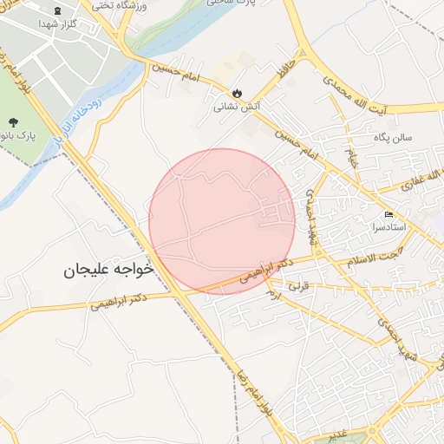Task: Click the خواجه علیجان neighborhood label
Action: [x=108, y=270]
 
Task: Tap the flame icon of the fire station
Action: [x=237, y=94]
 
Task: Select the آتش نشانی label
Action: [x=237, y=109]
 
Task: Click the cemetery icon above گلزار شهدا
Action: [x=58, y=10]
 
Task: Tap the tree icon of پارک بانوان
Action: [x=12, y=122]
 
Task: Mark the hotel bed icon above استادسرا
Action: [x=388, y=214]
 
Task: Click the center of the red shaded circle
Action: [x=222, y=221]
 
